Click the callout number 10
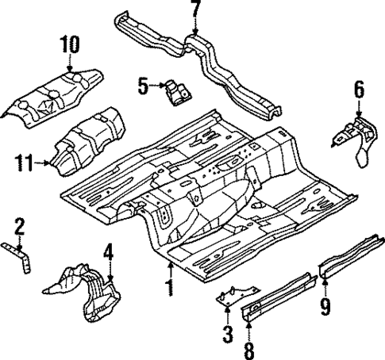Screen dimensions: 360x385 tap(69, 45)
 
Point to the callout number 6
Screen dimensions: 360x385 tap(360, 91)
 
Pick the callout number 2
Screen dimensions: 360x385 tap(20, 229)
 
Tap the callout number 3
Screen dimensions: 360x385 tap(227, 333)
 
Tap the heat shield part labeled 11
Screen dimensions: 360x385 tap(87, 138)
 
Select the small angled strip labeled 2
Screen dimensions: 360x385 tap(23, 257)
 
